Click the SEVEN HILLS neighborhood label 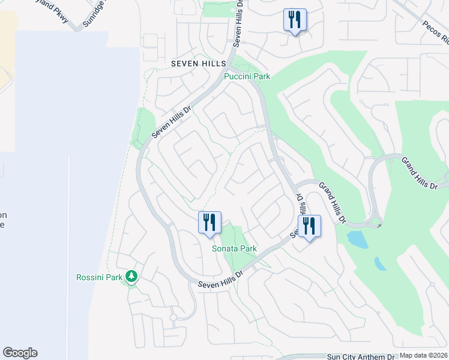pos(198,63)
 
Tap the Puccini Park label pos(247,76)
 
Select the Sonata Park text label pos(234,248)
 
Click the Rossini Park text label pos(99,277)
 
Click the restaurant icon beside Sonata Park pos(210,223)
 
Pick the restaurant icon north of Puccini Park pos(295,20)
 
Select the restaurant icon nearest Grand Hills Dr pos(310,226)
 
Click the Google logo pos(20,353)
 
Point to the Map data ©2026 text pos(423,355)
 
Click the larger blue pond pos(358,240)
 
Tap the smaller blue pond pos(381,264)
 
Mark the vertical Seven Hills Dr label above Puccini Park pos(239,24)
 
